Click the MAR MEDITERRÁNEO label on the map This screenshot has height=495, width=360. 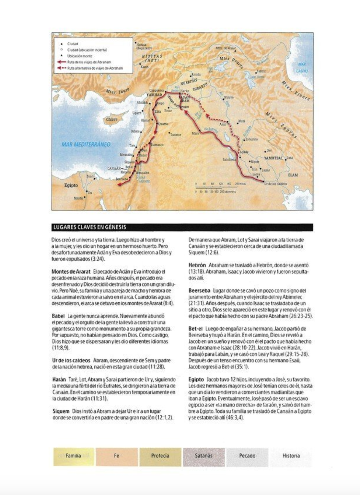coord(86,144)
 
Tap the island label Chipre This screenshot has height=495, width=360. coord(111,120)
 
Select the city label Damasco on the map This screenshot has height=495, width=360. coord(157,145)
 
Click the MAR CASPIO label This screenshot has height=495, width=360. coord(302,67)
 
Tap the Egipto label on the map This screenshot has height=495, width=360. coord(71,185)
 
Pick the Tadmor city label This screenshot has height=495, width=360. coord(175,134)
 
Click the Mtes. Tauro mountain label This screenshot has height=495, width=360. coord(118,90)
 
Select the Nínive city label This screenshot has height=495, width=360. coord(229,97)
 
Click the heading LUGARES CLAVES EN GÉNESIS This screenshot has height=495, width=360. coord(89,227)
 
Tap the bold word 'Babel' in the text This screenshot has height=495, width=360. coord(58,316)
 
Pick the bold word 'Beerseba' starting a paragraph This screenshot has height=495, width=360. coord(200,290)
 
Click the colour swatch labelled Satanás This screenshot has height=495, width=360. coord(203,456)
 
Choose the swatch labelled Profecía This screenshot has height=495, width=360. coord(160,456)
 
